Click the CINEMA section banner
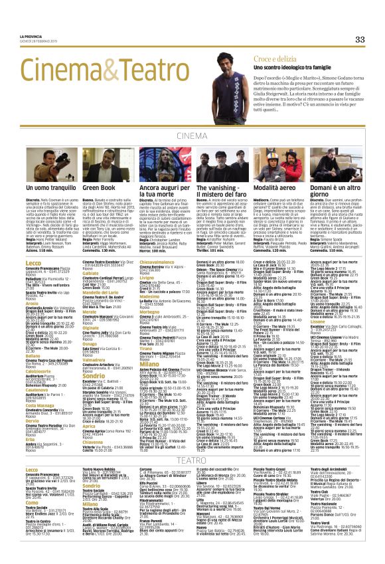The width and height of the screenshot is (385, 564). point(192,135)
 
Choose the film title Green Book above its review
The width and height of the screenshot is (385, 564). point(99,189)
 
